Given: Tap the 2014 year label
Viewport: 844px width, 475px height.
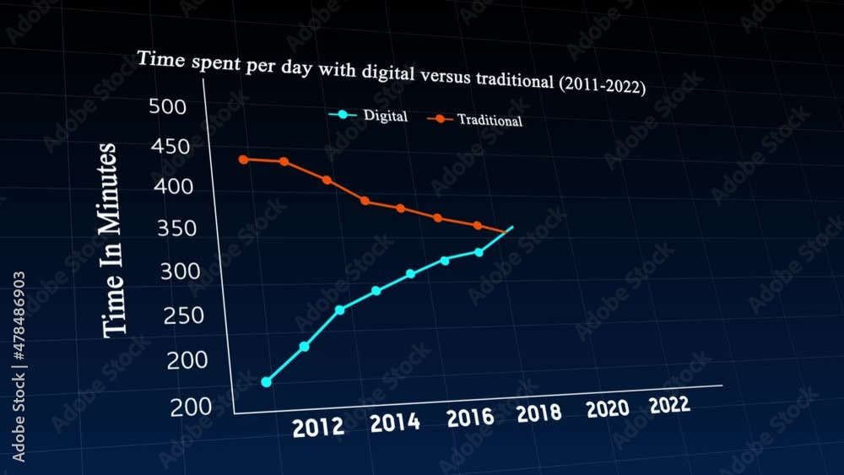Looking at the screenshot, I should [x=395, y=422].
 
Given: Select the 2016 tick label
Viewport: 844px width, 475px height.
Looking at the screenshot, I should [x=470, y=418].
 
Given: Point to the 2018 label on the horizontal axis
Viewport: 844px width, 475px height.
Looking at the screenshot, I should [x=538, y=413].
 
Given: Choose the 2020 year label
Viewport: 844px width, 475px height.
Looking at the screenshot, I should [x=608, y=409].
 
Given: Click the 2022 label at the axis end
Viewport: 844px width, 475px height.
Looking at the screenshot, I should [x=669, y=405].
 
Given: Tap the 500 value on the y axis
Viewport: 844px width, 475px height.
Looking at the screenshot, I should [x=167, y=106].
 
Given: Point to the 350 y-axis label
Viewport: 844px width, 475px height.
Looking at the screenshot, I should [x=177, y=229].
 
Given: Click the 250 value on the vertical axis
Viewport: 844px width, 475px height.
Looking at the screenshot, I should [x=183, y=316].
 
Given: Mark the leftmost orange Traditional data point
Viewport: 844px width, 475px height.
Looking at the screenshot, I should [x=243, y=159].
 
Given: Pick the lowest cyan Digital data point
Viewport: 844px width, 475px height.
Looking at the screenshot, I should [x=267, y=382].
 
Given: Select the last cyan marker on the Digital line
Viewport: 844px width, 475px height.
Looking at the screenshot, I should [x=479, y=252].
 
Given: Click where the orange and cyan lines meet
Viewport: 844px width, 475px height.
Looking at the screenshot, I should [x=506, y=230].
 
